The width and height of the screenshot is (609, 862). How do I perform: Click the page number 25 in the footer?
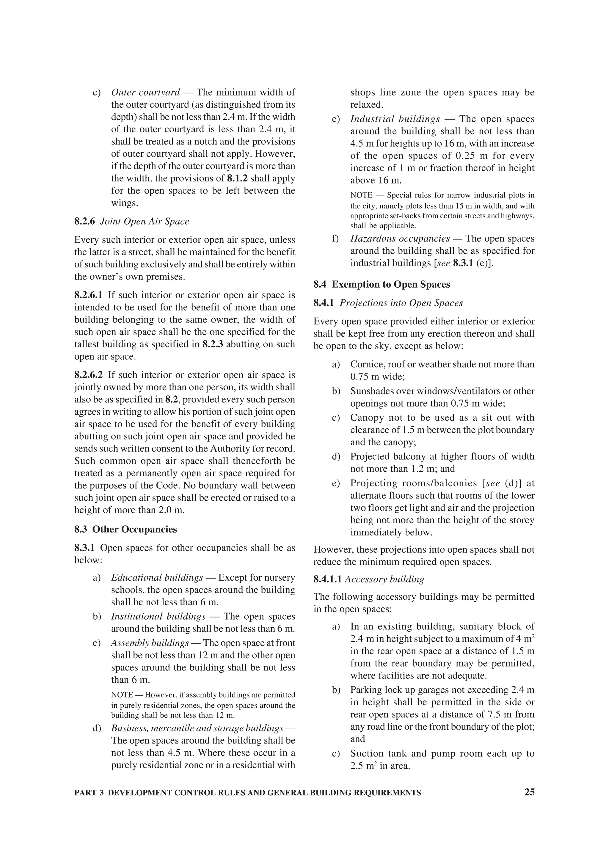529,792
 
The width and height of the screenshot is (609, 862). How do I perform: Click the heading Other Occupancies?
134,529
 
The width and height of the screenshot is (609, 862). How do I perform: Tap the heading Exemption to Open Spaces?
391,285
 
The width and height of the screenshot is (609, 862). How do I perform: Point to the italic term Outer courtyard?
146,92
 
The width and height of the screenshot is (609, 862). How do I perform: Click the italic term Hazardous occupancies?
400,239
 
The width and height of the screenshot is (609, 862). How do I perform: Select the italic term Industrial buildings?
395,119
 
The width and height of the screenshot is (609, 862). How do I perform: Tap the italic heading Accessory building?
384,579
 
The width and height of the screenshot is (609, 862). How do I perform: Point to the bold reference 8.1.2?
240,178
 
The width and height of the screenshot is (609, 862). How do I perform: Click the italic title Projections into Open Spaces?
401,303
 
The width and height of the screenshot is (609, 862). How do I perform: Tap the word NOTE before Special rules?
361,195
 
